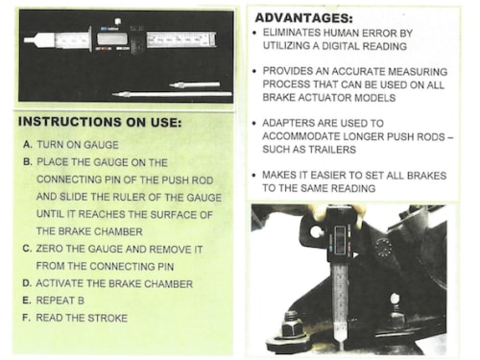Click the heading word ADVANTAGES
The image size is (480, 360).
click(x=303, y=17)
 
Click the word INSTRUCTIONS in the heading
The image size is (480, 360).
click(x=69, y=122)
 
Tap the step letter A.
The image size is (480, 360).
click(x=28, y=145)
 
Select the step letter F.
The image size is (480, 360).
click(x=26, y=318)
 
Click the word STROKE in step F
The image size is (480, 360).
click(x=108, y=318)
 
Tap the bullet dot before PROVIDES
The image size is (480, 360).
click(x=254, y=71)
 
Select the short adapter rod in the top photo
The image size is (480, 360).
click(x=195, y=84)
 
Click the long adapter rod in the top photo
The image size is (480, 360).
click(x=172, y=94)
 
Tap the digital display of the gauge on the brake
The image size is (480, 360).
click(x=340, y=238)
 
